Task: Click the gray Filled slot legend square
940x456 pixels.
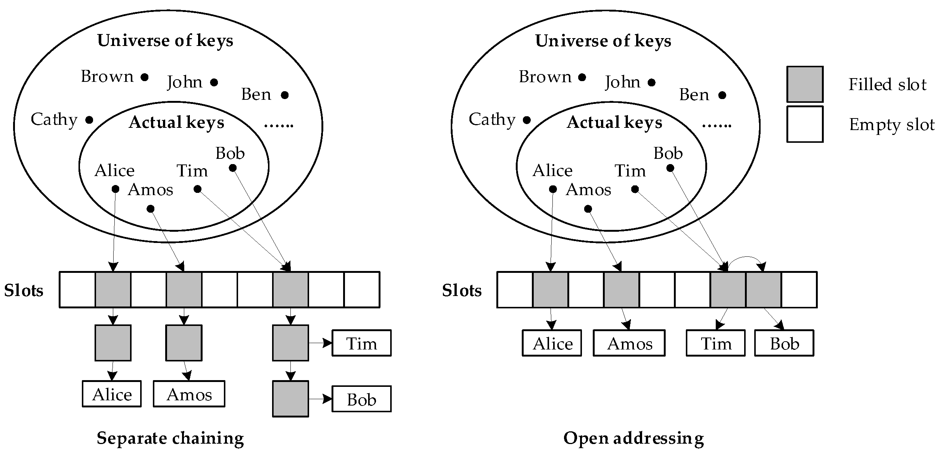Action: click(x=805, y=84)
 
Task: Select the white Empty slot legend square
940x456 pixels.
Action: click(x=805, y=124)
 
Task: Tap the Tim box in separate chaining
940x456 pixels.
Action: click(x=361, y=343)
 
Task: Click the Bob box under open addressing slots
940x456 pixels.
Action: click(x=784, y=343)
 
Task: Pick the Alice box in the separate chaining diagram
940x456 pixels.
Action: click(x=112, y=394)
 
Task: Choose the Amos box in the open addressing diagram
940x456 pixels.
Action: click(x=629, y=343)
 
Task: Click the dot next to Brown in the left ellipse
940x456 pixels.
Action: click(x=145, y=77)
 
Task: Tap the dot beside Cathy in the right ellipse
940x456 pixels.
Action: click(x=527, y=120)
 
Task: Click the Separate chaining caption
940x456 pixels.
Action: click(x=170, y=438)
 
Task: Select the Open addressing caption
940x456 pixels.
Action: click(x=634, y=438)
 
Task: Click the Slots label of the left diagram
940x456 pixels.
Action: click(x=24, y=290)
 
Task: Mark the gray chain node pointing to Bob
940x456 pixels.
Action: click(x=290, y=398)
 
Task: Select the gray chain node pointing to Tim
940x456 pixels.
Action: click(x=290, y=343)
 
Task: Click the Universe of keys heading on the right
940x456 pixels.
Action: click(x=603, y=41)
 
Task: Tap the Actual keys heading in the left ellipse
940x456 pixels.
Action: click(x=176, y=123)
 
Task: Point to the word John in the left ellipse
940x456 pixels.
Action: click(x=185, y=82)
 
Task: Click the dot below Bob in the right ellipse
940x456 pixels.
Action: click(x=670, y=168)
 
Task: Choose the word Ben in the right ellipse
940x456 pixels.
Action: click(x=694, y=95)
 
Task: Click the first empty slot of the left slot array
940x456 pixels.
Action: click(x=77, y=290)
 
